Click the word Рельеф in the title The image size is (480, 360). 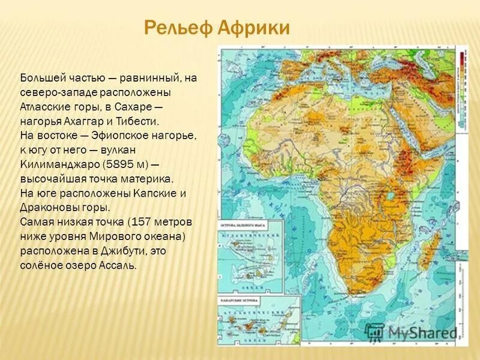[x=175, y=28]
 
